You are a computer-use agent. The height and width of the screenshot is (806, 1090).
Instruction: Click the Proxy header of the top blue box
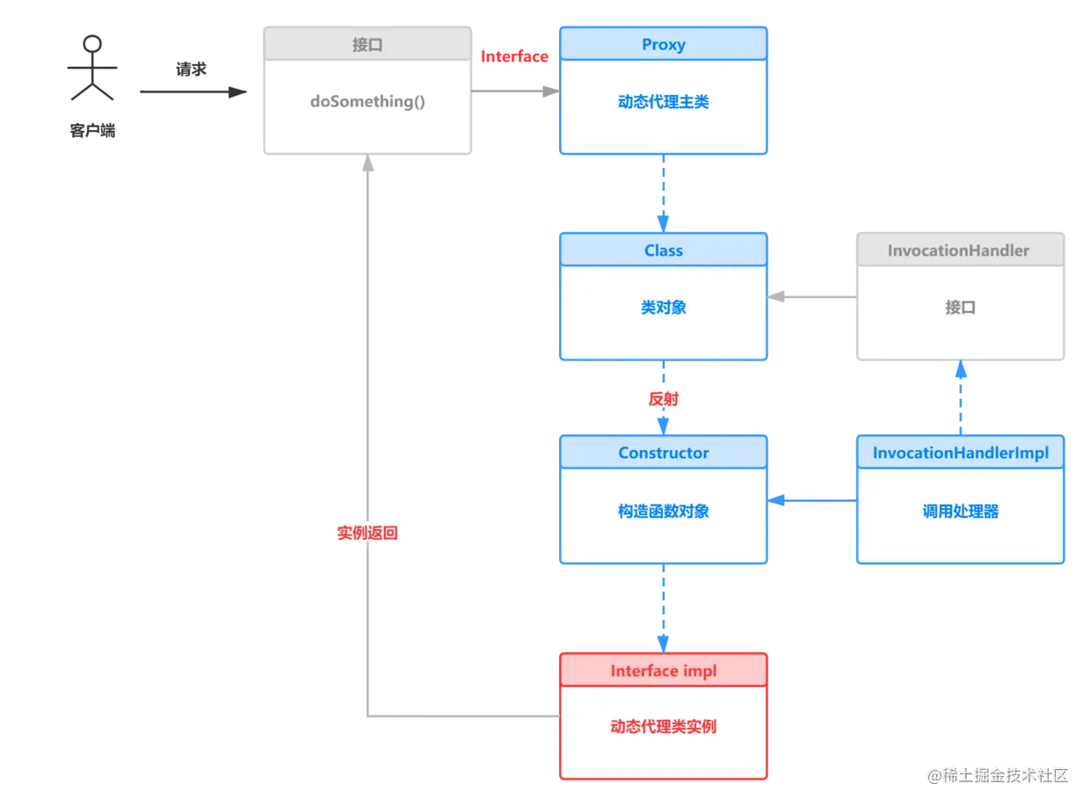click(x=663, y=45)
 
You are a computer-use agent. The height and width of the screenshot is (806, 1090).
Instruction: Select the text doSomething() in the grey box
click(x=367, y=101)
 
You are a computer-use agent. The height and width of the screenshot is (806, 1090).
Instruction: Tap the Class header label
click(x=663, y=251)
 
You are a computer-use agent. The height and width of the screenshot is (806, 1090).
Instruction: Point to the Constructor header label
click(x=663, y=454)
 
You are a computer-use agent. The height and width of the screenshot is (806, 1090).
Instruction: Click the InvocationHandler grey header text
click(x=958, y=251)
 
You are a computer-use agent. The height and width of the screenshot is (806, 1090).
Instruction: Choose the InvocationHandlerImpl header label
click(x=960, y=454)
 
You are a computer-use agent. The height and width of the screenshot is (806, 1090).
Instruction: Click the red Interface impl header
click(x=663, y=672)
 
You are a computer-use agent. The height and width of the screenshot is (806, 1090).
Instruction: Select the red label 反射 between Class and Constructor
click(x=664, y=399)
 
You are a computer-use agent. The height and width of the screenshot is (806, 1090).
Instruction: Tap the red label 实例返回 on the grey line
click(x=367, y=533)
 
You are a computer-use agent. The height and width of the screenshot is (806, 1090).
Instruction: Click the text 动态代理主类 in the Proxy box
click(x=663, y=103)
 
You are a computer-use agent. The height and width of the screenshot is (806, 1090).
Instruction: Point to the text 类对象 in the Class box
click(x=663, y=308)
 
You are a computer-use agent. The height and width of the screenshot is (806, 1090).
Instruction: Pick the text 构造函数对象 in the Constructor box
click(x=663, y=512)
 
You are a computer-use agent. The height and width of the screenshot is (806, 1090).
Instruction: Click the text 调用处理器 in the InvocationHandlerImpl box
click(x=960, y=512)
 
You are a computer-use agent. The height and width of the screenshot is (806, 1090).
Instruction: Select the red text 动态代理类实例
click(x=663, y=727)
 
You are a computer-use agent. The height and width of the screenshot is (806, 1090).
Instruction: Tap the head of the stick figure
click(x=91, y=44)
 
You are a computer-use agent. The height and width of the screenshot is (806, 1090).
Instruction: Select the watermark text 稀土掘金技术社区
click(x=1002, y=774)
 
